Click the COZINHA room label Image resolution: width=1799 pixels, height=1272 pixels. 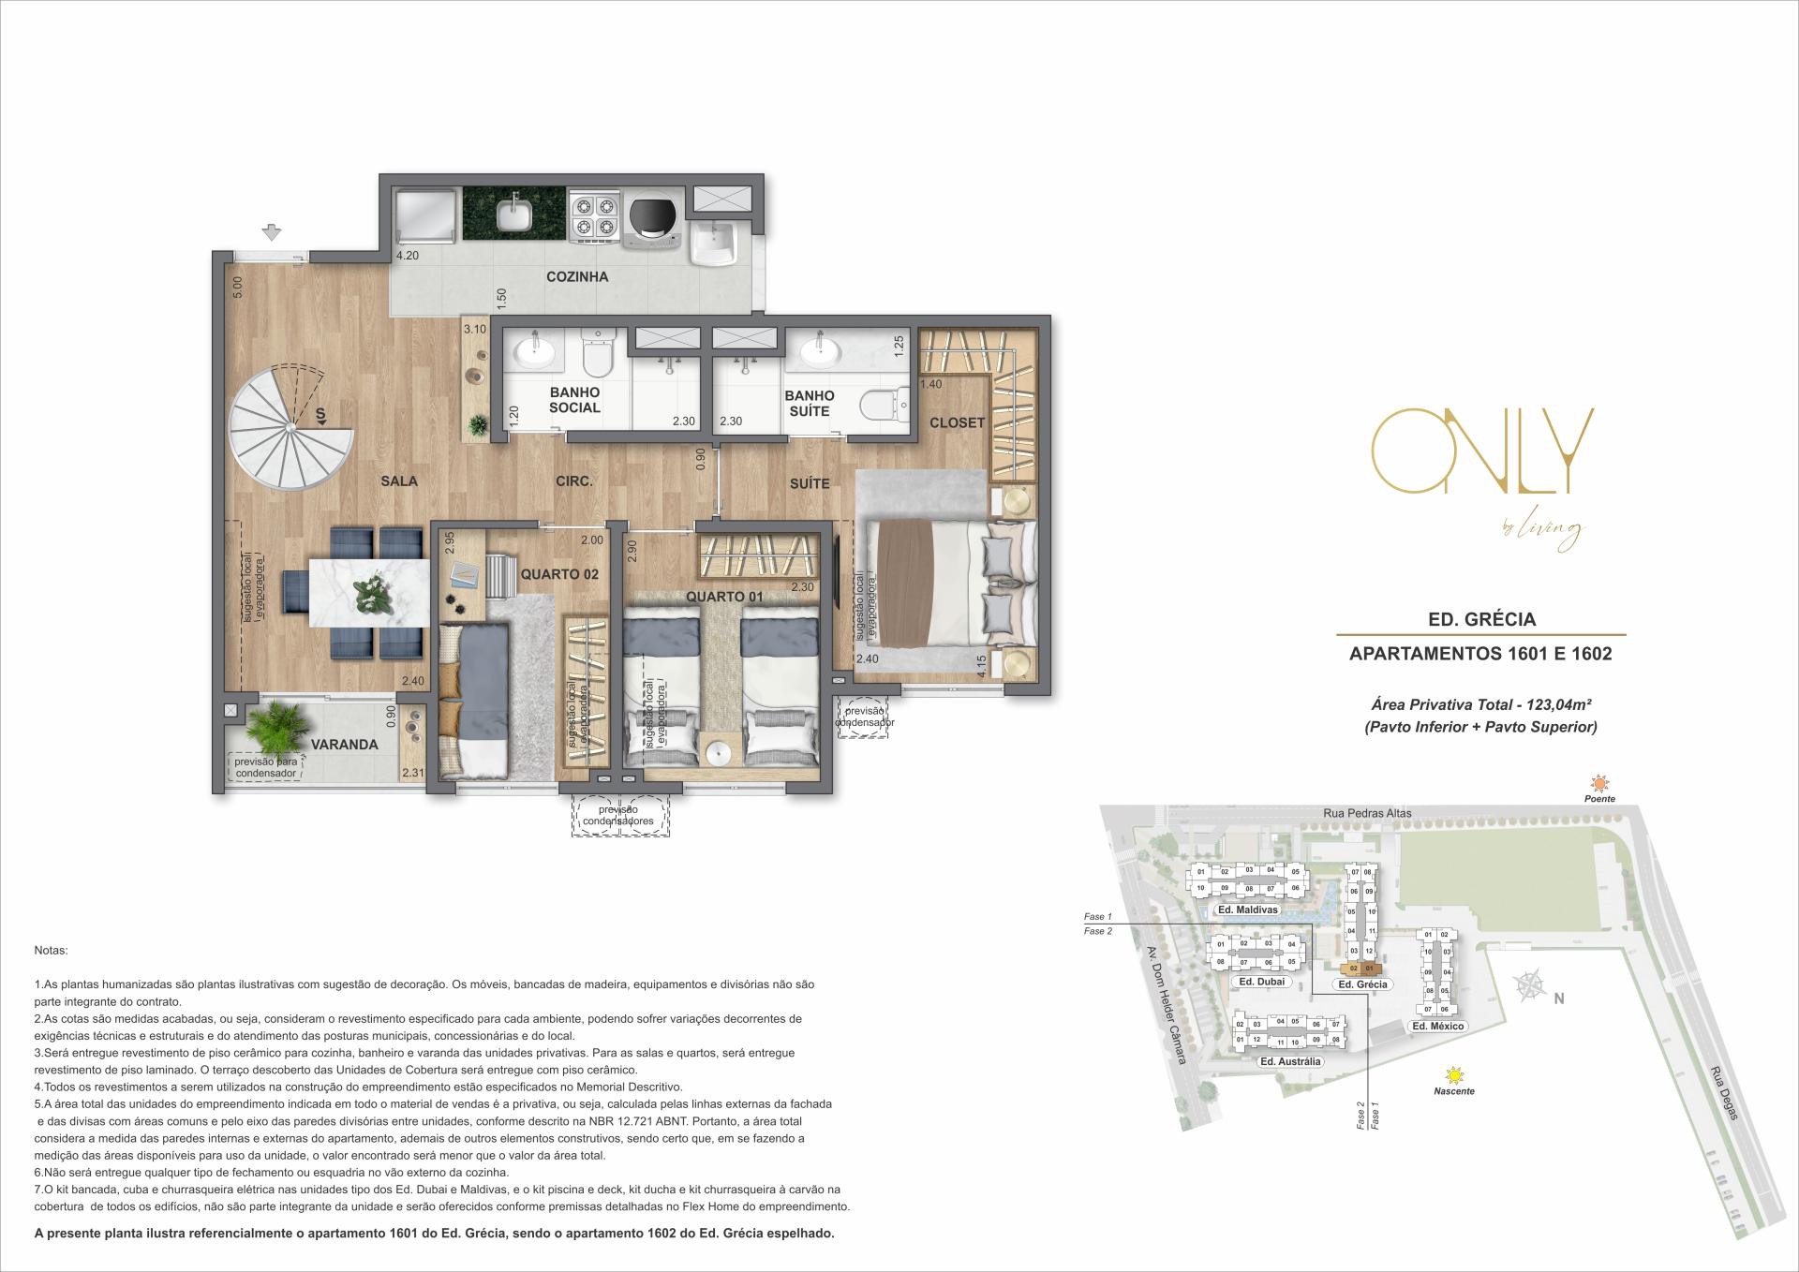[x=577, y=276]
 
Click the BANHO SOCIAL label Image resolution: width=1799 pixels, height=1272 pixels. [x=574, y=400]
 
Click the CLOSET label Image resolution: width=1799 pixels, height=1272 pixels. [x=957, y=422]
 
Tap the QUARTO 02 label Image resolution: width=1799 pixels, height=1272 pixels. [x=558, y=574]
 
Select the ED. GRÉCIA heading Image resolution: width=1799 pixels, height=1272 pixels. [x=1479, y=619]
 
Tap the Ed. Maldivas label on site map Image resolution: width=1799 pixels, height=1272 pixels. [x=1246, y=910]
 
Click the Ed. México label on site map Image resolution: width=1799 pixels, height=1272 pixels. [x=1437, y=1027]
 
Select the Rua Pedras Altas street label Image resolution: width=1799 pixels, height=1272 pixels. [x=1367, y=813]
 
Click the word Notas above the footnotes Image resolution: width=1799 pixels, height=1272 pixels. [x=51, y=950]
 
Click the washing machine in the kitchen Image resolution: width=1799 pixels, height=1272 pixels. [x=646, y=217]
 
